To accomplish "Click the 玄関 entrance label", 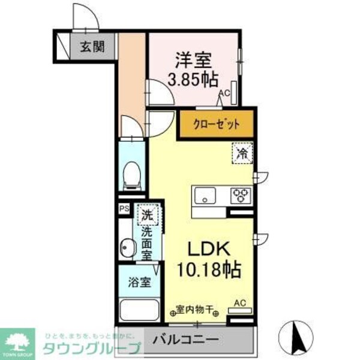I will point(92,47).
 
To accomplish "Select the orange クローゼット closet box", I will point(216,124).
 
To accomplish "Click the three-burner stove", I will point(241,194).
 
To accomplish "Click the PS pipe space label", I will point(124,209).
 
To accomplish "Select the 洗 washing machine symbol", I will point(147,213).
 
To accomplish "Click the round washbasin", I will point(127,247).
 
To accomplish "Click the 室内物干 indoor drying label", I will point(195,310).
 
